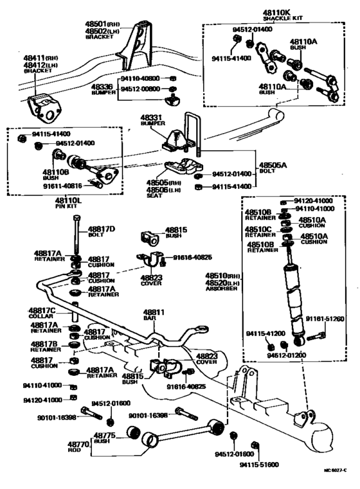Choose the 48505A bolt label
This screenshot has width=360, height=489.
[273, 164]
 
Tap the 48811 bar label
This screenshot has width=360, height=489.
[154, 312]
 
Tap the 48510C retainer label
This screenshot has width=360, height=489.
[257, 228]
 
